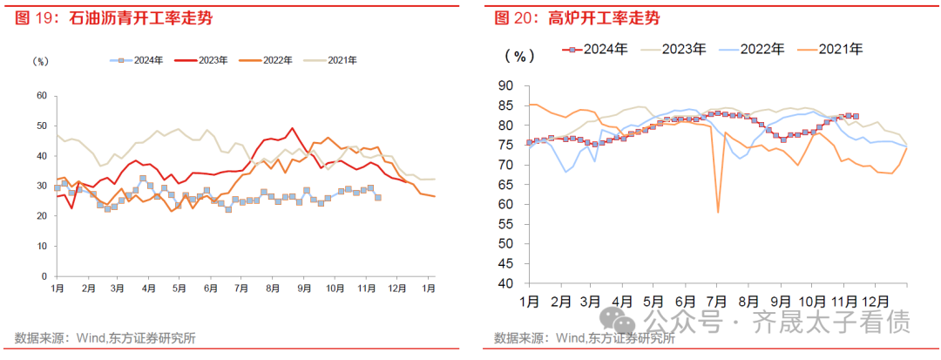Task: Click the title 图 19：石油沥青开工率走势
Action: point(113,17)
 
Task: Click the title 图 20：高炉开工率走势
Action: point(578,17)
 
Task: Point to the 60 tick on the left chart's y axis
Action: point(39,95)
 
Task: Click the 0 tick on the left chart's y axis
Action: point(42,275)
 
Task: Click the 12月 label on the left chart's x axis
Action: point(397,288)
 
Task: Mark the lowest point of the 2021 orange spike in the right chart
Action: point(718,212)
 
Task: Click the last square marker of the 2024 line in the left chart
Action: point(377,197)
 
